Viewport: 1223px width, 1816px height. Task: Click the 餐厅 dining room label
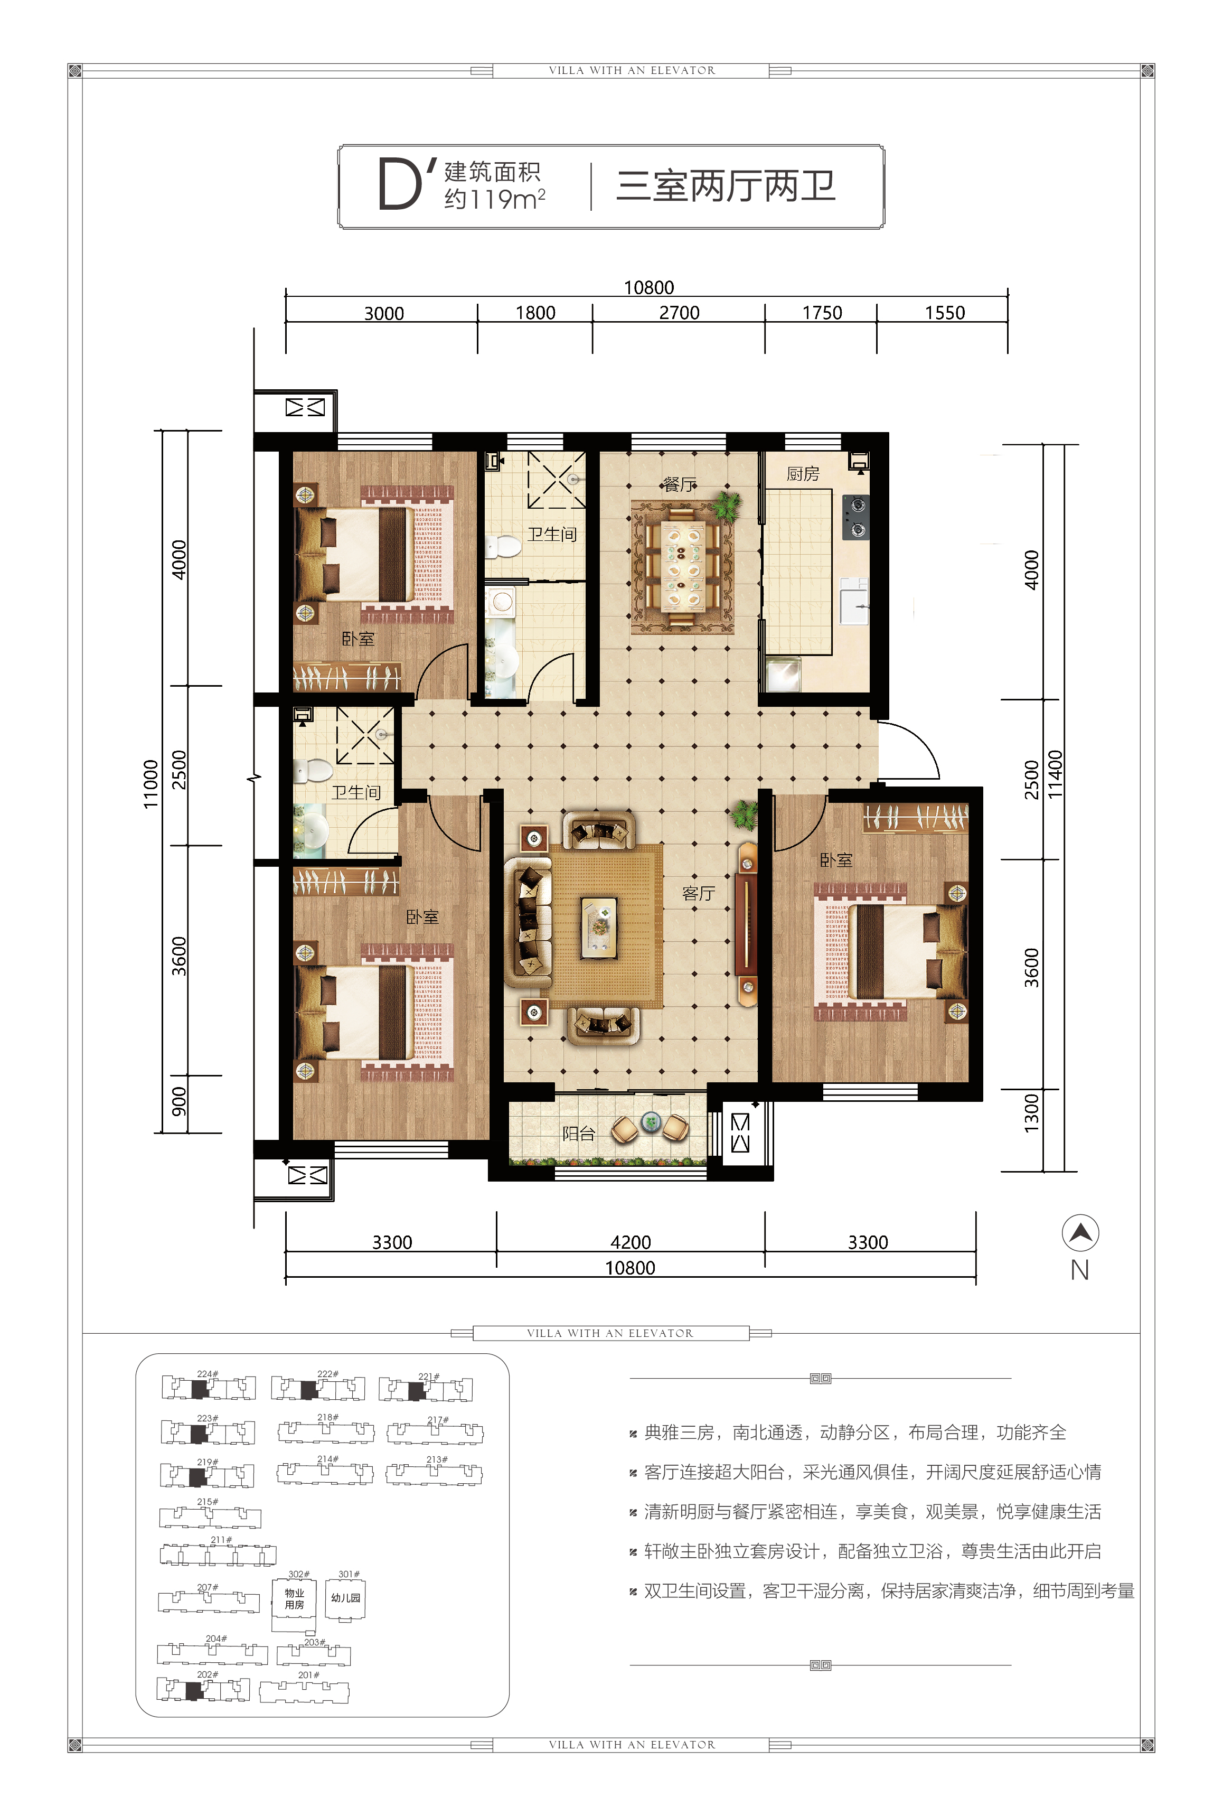[x=680, y=484]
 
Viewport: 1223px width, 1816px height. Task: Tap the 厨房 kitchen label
[x=803, y=473]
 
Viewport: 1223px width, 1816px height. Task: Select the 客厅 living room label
[x=698, y=893]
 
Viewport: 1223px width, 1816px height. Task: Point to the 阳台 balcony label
[x=579, y=1134]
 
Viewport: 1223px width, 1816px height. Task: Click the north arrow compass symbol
[x=1080, y=1233]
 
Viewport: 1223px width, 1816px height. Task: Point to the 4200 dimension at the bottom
[x=630, y=1242]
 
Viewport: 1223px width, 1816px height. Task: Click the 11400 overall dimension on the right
[x=1055, y=774]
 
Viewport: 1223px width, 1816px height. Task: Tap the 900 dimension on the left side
[x=178, y=1101]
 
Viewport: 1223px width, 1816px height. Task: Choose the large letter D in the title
[x=399, y=185]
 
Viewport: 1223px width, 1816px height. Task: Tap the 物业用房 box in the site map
[x=294, y=1598]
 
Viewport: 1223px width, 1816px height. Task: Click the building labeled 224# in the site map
[x=208, y=1388]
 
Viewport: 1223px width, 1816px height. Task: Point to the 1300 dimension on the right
[x=1031, y=1113]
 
